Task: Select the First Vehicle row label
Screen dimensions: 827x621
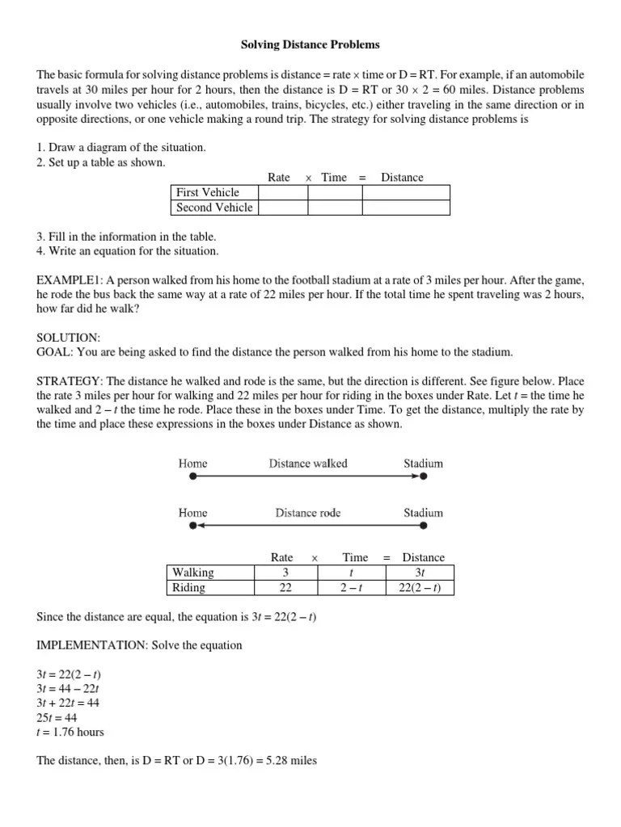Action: pyautogui.click(x=208, y=192)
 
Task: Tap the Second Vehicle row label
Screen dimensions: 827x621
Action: pyautogui.click(x=214, y=208)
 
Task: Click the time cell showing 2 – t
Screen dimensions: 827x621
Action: pyautogui.click(x=354, y=587)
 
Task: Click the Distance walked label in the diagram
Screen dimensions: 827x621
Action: pyautogui.click(x=308, y=463)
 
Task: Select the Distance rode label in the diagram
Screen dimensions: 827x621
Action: pyautogui.click(x=308, y=512)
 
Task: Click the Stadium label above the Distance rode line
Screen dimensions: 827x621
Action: pyautogui.click(x=423, y=512)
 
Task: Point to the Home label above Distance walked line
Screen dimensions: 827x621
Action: pyautogui.click(x=192, y=463)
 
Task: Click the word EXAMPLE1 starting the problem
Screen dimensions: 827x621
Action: pyautogui.click(x=68, y=279)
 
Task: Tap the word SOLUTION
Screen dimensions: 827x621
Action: pyautogui.click(x=68, y=338)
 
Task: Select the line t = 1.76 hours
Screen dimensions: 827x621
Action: pyautogui.click(x=70, y=733)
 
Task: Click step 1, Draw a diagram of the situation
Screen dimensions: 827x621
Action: pyautogui.click(x=121, y=147)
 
